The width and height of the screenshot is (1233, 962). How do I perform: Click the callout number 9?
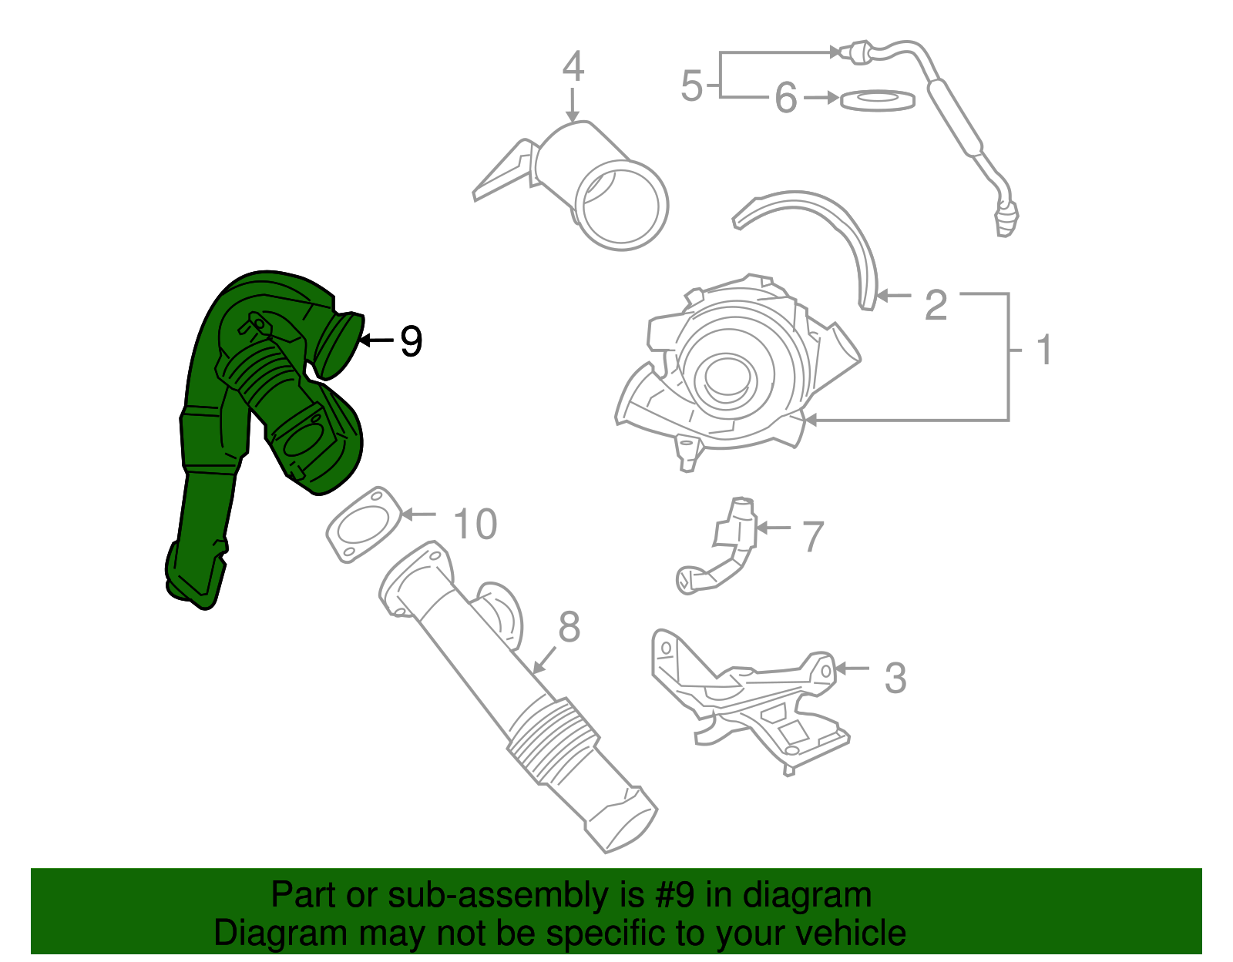point(411,340)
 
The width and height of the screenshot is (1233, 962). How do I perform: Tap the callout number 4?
point(573,67)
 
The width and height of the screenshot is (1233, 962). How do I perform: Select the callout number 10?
point(475,525)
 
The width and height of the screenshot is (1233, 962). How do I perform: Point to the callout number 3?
point(895,678)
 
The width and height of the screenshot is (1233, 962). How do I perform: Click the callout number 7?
point(813,537)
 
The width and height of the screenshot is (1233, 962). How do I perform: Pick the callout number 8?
point(569,627)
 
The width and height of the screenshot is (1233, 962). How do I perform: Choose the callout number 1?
point(1044,350)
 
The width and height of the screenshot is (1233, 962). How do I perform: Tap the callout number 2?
point(936,305)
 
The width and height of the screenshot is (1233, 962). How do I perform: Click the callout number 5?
point(691,85)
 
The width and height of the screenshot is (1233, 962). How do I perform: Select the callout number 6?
point(785,99)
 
